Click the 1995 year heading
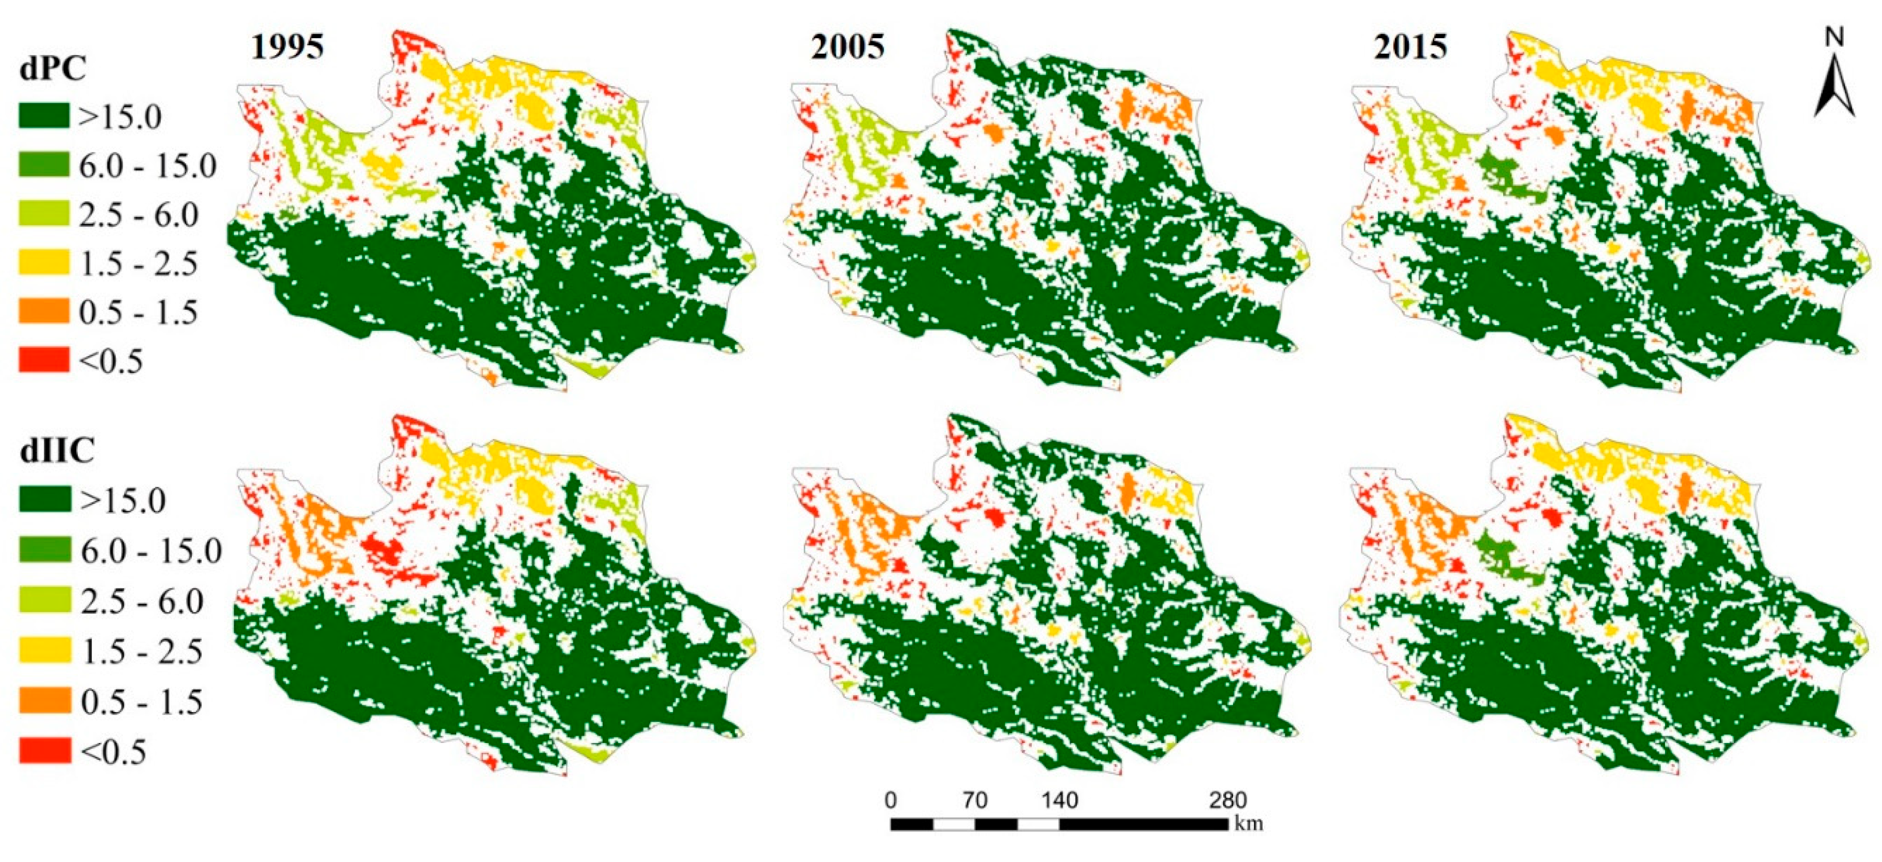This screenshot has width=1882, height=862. (287, 47)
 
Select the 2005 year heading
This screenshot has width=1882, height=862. (847, 47)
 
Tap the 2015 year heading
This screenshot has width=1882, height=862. (1410, 47)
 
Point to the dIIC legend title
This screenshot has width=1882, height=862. (57, 451)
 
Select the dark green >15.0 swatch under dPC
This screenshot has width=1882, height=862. (44, 115)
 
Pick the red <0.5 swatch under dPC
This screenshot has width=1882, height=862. (44, 360)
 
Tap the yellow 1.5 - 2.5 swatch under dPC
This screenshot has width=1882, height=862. (44, 262)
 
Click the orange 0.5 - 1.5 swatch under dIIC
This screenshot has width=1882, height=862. (45, 701)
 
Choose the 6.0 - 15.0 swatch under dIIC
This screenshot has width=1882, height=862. (45, 549)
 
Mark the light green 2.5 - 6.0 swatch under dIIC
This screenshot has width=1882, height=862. (45, 600)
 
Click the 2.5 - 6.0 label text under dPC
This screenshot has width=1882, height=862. (139, 215)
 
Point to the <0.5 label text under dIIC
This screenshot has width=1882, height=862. (113, 752)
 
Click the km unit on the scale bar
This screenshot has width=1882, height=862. (1248, 823)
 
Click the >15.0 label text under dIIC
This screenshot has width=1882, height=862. (123, 500)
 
